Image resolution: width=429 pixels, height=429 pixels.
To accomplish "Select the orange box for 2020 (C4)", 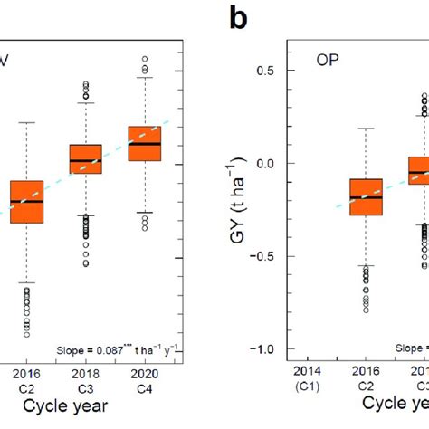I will [142, 143].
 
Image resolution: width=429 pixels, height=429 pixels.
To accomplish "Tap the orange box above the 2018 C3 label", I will [86, 158].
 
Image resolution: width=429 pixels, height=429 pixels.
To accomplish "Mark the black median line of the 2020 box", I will [142, 144].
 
